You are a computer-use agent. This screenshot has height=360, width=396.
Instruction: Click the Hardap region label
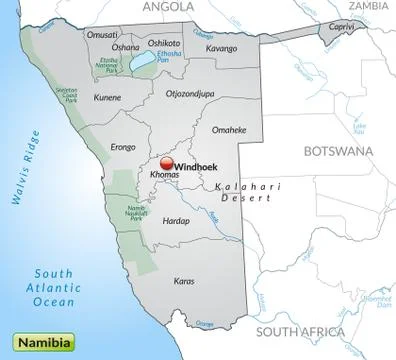pyautogui.click(x=176, y=220)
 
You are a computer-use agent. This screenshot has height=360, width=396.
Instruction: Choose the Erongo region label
pyautogui.click(x=123, y=147)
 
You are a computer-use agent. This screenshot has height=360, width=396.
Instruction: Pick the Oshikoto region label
pyautogui.click(x=164, y=43)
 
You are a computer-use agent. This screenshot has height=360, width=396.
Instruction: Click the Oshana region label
pyautogui.click(x=126, y=46)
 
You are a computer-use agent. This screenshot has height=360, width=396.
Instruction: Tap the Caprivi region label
pyautogui.click(x=343, y=30)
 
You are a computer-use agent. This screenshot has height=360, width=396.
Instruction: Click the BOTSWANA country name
pyautogui.click(x=337, y=152)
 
